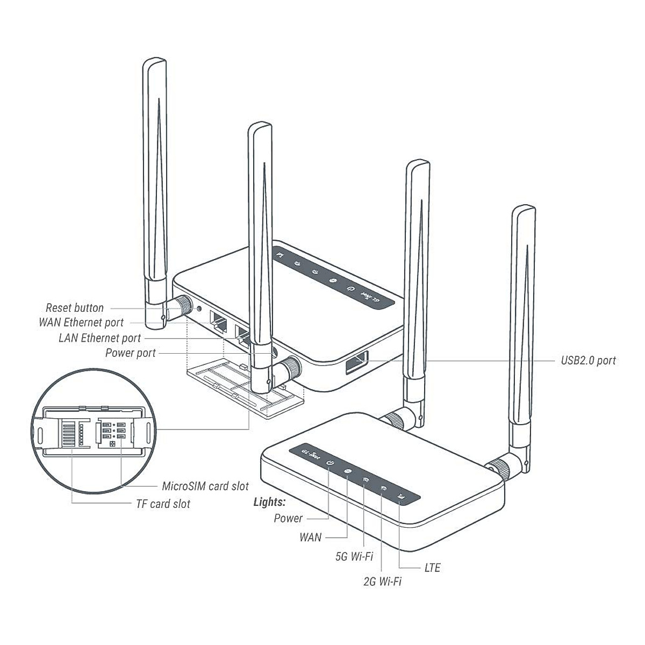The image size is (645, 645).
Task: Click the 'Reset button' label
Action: click(x=74, y=308)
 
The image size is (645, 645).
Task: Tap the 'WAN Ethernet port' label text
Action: click(x=81, y=322)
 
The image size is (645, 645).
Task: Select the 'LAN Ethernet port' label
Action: click(x=99, y=338)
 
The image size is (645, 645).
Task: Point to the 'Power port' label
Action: click(x=130, y=353)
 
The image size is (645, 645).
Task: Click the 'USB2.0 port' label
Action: click(x=588, y=361)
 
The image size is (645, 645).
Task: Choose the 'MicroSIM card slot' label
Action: click(x=205, y=486)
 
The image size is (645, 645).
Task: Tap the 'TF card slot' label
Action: click(x=162, y=504)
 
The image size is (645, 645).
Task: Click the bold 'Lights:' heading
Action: click(x=269, y=503)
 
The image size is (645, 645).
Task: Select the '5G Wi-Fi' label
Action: click(x=354, y=556)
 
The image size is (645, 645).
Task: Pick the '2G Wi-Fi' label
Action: click(x=382, y=582)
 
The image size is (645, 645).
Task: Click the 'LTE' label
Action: click(x=432, y=568)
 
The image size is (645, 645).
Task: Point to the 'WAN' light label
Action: click(x=311, y=537)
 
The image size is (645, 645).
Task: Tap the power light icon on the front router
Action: click(x=330, y=463)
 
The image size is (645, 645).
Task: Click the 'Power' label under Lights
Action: click(x=288, y=519)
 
